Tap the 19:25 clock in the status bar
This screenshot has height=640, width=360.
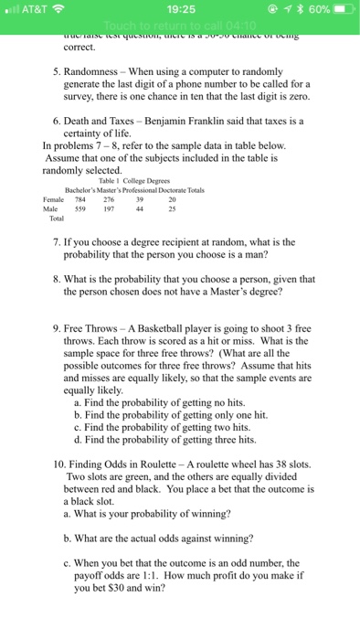pos(181,10)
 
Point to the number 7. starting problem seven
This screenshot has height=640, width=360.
pos(58,241)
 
